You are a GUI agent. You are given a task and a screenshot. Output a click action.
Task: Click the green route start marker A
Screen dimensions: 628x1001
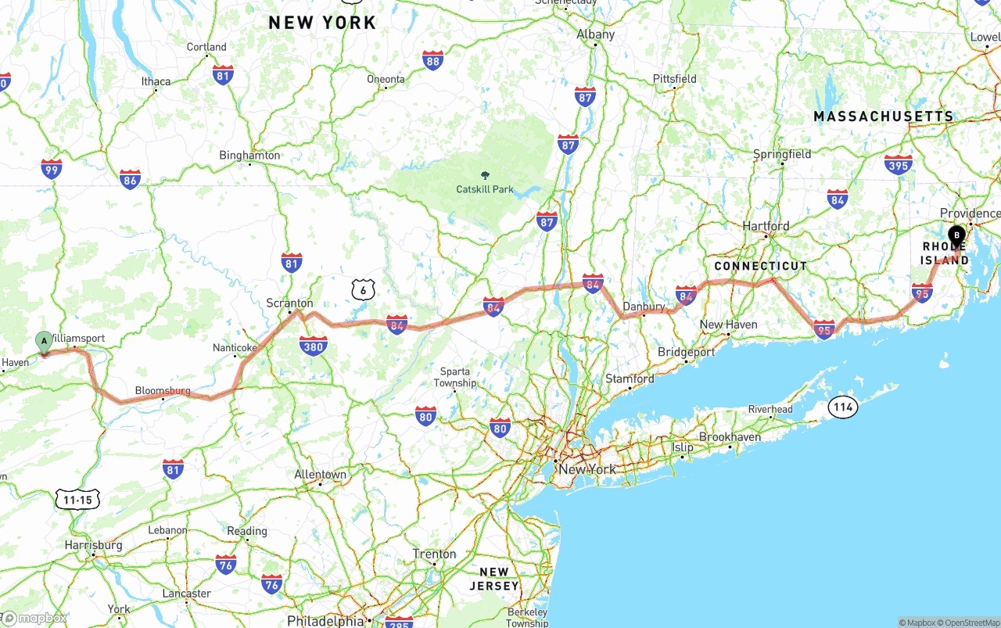click(45, 341)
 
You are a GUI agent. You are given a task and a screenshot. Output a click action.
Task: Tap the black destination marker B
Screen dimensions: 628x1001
click(956, 234)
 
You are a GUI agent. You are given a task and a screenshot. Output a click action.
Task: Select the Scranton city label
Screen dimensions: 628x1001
click(289, 303)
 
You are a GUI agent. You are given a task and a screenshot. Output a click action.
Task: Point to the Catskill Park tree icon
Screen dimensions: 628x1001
click(485, 175)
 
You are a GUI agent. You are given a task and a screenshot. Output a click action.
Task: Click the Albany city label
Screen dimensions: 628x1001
click(596, 34)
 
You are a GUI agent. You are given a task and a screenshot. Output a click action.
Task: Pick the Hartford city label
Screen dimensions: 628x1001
click(766, 226)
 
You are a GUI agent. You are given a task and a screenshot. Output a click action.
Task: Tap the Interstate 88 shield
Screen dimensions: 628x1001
click(432, 59)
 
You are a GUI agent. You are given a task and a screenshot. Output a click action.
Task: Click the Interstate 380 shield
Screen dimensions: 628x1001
click(314, 345)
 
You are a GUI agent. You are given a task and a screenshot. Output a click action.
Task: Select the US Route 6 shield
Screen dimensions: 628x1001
click(363, 290)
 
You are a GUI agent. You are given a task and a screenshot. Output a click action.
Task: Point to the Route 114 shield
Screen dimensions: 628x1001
click(843, 407)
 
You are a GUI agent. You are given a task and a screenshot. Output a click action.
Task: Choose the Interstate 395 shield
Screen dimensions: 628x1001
click(899, 164)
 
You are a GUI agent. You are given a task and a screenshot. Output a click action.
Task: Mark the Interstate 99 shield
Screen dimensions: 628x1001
click(52, 168)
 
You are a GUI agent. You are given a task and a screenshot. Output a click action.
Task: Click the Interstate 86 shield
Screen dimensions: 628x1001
click(130, 179)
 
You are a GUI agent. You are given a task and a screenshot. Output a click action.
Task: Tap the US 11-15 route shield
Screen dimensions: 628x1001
click(78, 499)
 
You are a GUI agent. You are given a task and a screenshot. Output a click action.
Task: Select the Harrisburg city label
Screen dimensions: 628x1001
click(94, 544)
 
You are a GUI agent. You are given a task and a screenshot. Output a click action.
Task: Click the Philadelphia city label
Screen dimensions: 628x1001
click(325, 621)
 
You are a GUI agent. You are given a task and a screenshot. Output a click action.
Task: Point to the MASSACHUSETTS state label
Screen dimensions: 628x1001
click(884, 117)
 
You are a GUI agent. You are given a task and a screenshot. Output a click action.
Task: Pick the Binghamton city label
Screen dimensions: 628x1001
click(249, 155)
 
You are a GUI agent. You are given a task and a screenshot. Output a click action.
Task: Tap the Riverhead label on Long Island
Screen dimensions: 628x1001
click(770, 409)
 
